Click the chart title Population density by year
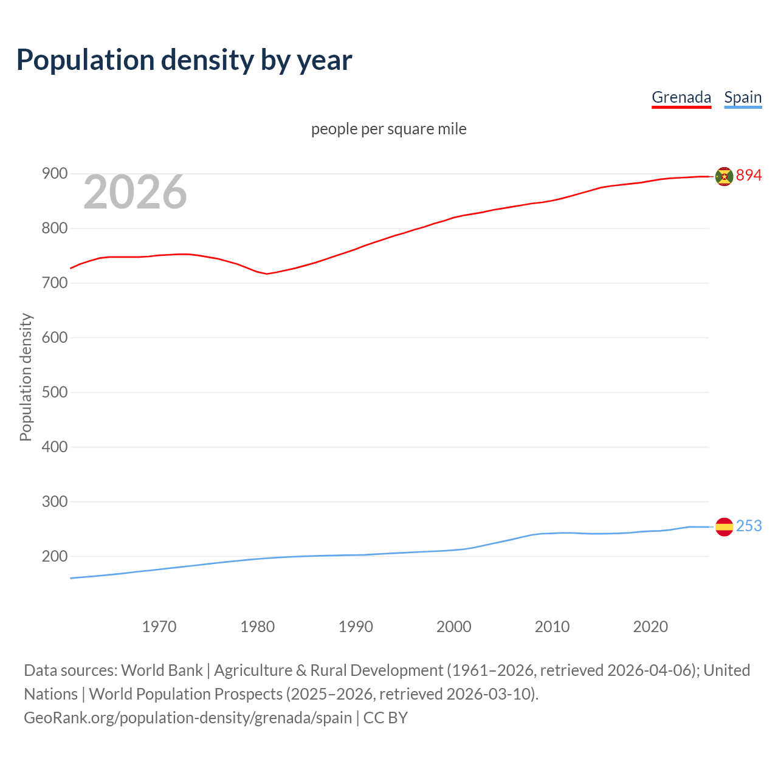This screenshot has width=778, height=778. pos(184,60)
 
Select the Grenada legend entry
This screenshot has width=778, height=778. pos(681,97)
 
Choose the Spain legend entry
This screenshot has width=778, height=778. pos(743,97)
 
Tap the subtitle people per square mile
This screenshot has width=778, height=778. pos(388,129)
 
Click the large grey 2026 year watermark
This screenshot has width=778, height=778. pos(135,192)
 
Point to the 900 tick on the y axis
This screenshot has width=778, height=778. pos(54,174)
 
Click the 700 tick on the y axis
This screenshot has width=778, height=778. pos(54,283)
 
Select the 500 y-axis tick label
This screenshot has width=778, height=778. pos(54,392)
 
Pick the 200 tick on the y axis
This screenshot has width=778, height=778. pos(54,556)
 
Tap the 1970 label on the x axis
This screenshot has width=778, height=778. pos(159,627)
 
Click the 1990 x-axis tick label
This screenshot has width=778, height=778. pos(356,627)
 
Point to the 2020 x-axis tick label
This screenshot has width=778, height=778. pos(650,627)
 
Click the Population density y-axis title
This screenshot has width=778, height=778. pos(26,377)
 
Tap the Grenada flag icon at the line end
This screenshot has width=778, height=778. pos(724,176)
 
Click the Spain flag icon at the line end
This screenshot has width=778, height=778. pos(724,527)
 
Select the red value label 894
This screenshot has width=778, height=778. pos(749,176)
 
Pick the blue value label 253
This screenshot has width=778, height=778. pos(749,526)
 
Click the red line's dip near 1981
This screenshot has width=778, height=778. pos(266,274)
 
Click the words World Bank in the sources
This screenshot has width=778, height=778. pos(162,670)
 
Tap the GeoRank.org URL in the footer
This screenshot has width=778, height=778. pos(188,718)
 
